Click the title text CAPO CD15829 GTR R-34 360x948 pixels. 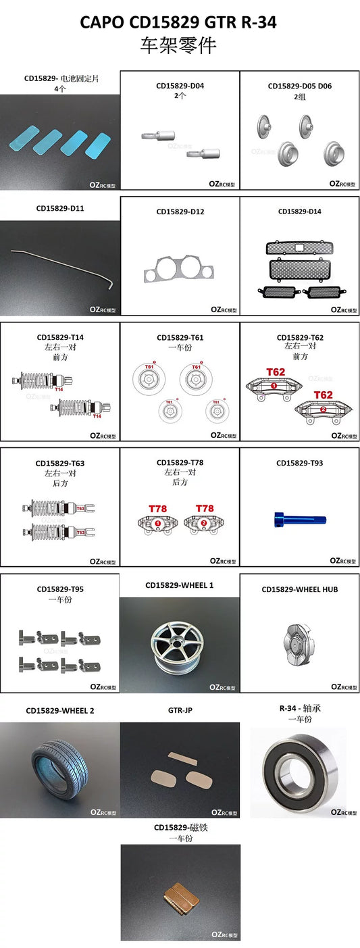[178, 22]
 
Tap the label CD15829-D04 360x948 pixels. [180, 86]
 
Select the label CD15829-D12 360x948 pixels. [180, 211]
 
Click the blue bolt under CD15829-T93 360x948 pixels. [299, 520]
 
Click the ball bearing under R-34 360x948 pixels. [297, 770]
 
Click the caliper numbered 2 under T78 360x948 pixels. [204, 524]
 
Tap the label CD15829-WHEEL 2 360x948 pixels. [59, 711]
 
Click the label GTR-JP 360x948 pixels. [180, 711]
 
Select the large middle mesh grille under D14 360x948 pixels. [299, 270]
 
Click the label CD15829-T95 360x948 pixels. [60, 589]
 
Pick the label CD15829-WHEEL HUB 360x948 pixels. [299, 589]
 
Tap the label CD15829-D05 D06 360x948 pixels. [299, 86]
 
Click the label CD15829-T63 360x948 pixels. [60, 464]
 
